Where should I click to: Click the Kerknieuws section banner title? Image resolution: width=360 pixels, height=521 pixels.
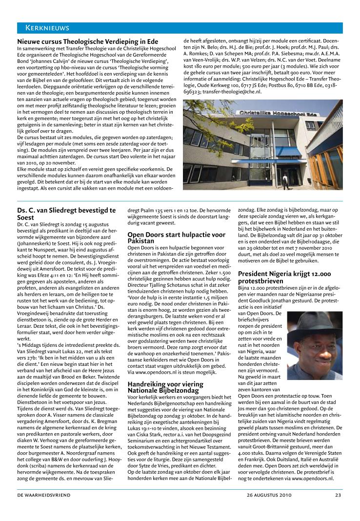point(43,28)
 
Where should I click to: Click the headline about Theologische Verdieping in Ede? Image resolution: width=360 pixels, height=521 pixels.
point(87,42)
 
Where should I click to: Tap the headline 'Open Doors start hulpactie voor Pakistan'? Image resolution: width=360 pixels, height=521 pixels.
point(176,238)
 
